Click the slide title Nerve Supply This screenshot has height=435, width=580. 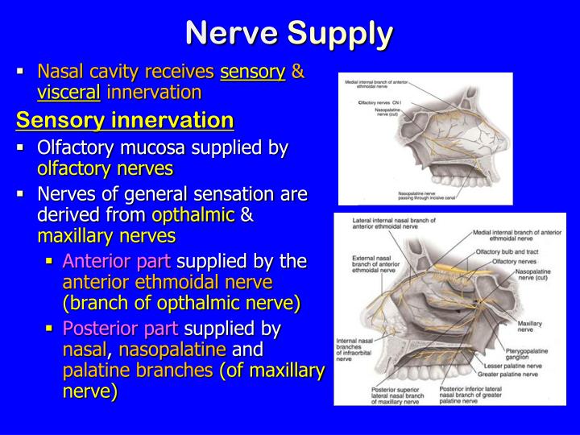pos(289,33)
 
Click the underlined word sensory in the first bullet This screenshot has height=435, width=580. pos(253,72)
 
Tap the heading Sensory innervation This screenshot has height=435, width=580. pos(125,120)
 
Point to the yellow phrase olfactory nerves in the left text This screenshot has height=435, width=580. pos(105,168)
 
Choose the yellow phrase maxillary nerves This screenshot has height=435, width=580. pos(106,236)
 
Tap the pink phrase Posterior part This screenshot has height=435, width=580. pos(122,328)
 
